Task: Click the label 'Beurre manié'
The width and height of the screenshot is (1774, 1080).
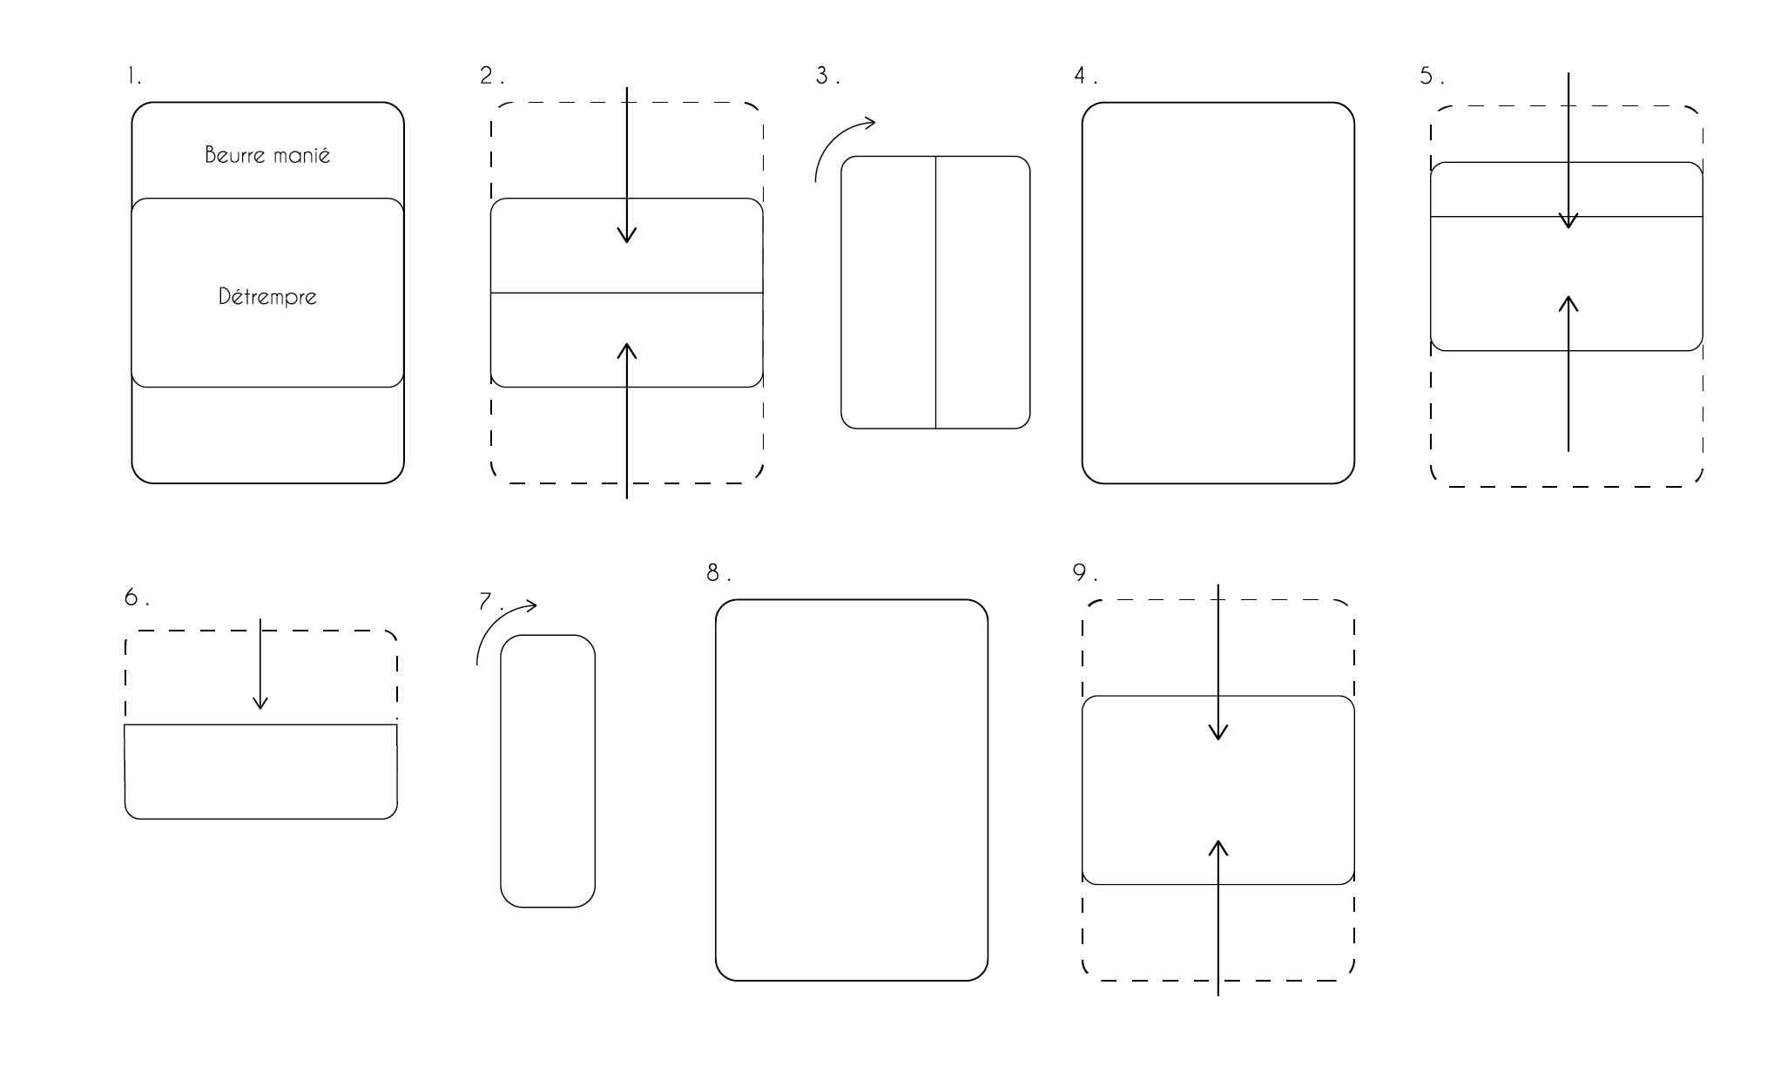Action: click(x=267, y=155)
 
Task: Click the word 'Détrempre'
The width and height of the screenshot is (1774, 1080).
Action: click(x=267, y=297)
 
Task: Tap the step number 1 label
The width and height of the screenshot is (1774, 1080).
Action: click(x=133, y=77)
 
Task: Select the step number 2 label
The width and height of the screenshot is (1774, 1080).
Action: click(x=491, y=76)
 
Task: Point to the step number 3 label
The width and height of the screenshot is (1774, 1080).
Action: click(x=827, y=76)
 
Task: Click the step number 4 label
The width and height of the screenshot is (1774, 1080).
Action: click(x=1085, y=76)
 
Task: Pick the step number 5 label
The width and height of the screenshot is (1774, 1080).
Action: click(x=1431, y=76)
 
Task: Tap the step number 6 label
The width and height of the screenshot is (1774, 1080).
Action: click(x=137, y=597)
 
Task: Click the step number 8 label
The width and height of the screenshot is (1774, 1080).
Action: click(x=718, y=572)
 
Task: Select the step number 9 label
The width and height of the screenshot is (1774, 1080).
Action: click(x=1084, y=572)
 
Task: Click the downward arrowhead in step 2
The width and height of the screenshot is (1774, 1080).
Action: click(x=627, y=234)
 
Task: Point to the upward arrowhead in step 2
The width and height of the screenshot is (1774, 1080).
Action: click(x=627, y=351)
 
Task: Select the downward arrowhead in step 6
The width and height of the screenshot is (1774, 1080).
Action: click(x=260, y=701)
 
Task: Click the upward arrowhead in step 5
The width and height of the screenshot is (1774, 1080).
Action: click(x=1568, y=304)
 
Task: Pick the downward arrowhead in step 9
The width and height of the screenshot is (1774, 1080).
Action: click(x=1218, y=731)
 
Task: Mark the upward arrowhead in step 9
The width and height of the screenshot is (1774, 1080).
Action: click(x=1218, y=849)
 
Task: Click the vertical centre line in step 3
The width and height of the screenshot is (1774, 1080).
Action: click(x=936, y=293)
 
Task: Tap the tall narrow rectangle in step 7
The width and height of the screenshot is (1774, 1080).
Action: click(x=501, y=771)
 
